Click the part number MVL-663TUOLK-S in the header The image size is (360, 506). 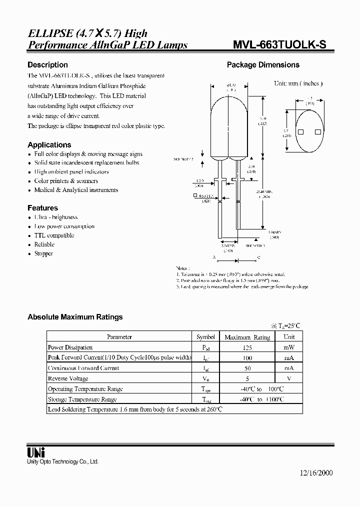[x=280, y=45]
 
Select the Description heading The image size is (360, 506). [x=47, y=65]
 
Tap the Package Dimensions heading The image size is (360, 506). [x=263, y=65]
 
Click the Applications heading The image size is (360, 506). [x=49, y=145]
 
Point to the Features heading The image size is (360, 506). [x=42, y=208]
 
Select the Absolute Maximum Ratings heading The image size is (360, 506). [x=75, y=317]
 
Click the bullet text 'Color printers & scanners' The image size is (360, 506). [x=66, y=181]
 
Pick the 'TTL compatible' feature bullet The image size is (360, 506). [x=54, y=235]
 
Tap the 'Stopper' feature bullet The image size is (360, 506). [x=43, y=253]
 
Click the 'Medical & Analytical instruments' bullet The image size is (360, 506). [x=76, y=190]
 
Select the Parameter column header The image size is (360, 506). [x=119, y=337]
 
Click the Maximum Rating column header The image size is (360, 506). [x=247, y=337]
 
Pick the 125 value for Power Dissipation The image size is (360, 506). [x=247, y=347]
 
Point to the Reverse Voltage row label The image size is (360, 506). [x=68, y=378]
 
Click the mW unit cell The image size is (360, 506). [x=289, y=347]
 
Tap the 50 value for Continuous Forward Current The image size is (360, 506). [x=247, y=368]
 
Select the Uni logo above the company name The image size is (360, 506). [x=35, y=451]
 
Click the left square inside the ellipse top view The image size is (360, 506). [x=301, y=132]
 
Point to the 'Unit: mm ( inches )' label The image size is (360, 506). [x=298, y=83]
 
